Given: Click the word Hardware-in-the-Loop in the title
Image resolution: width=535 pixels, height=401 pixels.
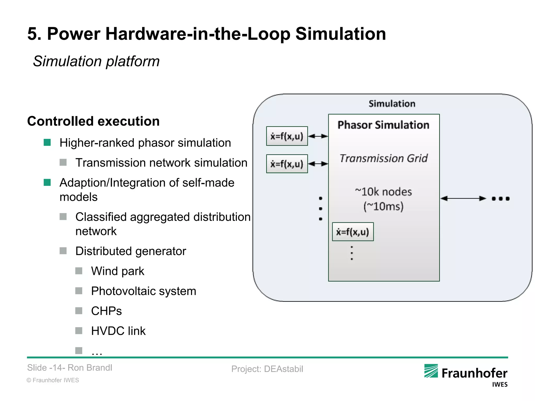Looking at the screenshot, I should tap(198, 34).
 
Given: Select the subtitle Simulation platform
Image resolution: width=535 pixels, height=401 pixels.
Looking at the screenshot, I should tap(96, 61).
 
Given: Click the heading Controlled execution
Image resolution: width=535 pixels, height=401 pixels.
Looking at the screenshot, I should tap(93, 121).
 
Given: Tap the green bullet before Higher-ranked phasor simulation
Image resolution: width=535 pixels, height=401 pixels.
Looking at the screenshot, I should tap(47, 143).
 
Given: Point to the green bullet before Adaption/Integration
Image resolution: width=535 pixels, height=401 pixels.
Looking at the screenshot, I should tap(47, 182).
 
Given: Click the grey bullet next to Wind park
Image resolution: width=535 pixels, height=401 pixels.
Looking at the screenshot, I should tap(79, 271).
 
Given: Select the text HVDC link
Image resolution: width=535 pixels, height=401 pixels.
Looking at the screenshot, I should tap(118, 331).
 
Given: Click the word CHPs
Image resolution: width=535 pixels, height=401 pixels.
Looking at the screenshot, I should tap(106, 311).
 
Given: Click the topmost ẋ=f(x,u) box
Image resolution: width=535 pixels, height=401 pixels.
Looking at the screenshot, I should tap(287, 136).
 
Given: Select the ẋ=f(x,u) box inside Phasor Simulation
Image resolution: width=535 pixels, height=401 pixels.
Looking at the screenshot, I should tap(353, 232).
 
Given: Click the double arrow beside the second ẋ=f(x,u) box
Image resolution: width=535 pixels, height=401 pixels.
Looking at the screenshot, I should tap(318, 164).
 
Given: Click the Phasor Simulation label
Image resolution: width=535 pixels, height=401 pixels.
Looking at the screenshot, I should tap(383, 125).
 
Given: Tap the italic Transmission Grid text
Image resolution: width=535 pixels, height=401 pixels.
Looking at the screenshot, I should tap(383, 158).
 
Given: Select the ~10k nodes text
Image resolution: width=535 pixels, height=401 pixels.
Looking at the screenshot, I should tap(383, 192).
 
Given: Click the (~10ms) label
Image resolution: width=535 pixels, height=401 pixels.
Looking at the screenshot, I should tap(383, 207).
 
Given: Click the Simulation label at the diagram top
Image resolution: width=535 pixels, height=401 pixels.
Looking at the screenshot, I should tap(392, 104).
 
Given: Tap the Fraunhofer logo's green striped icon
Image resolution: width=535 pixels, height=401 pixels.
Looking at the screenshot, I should tap(431, 371).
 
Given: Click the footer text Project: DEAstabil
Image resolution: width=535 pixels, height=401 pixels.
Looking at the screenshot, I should tap(267, 369).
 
